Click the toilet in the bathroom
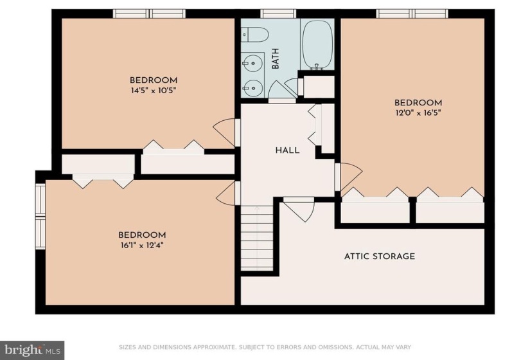pyautogui.click(x=255, y=35)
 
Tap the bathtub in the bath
pyautogui.click(x=317, y=44)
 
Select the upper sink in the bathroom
pyautogui.click(x=252, y=62)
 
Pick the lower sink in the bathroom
pyautogui.click(x=252, y=88)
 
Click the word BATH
pyautogui.click(x=276, y=59)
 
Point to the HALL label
pyautogui.click(x=287, y=150)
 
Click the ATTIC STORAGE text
pyautogui.click(x=380, y=256)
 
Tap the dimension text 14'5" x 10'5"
pyautogui.click(x=154, y=91)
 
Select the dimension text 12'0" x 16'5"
pyautogui.click(x=418, y=113)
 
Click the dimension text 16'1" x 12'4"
pyautogui.click(x=142, y=246)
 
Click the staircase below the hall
pyautogui.click(x=257, y=239)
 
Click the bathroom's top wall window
pyautogui.click(x=278, y=14)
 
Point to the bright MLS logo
pyautogui.click(x=32, y=349)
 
